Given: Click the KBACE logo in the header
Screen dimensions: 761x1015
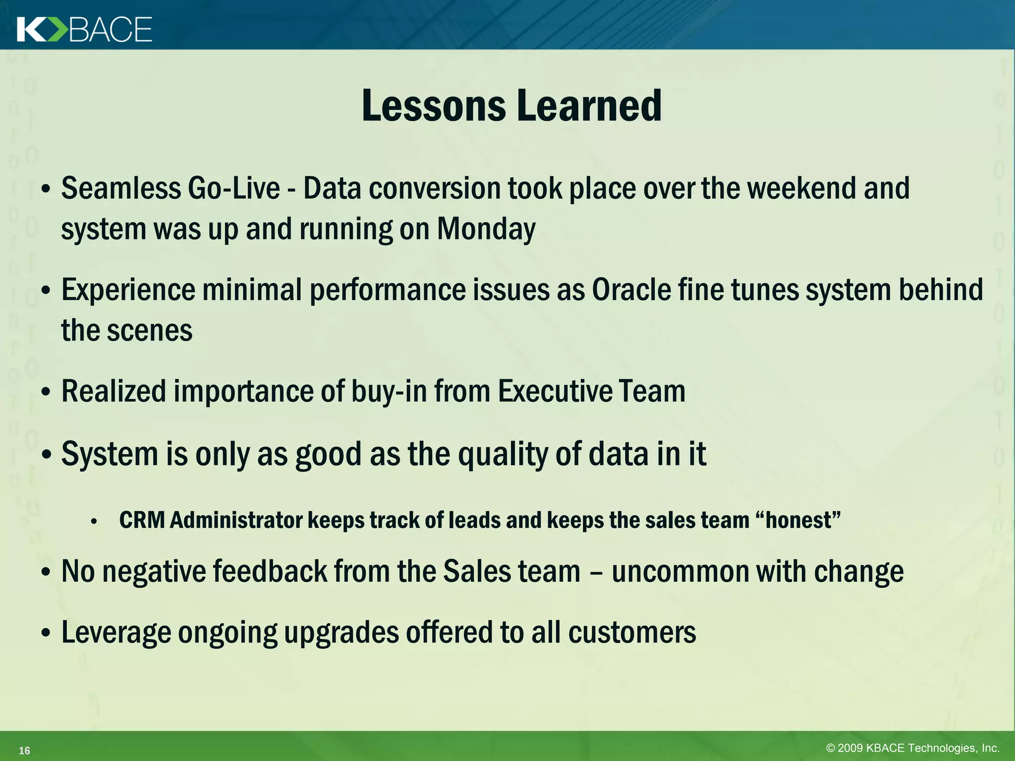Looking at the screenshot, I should pos(84,30).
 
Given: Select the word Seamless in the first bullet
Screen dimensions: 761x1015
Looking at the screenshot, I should pos(121,189).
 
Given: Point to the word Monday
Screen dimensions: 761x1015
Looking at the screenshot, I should pos(486,230).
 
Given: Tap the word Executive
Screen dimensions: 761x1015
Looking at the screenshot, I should pos(554,391).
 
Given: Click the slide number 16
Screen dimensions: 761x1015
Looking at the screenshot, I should pos(24,751).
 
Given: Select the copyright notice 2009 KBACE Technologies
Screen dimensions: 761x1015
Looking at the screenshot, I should pos(912,748).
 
